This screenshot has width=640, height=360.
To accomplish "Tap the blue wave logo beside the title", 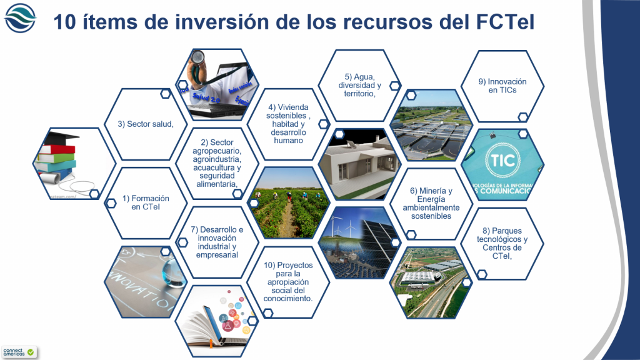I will tap(21, 18).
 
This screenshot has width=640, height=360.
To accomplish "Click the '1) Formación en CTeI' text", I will tap(146, 202).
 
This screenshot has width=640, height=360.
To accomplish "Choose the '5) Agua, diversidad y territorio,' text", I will tap(359, 86).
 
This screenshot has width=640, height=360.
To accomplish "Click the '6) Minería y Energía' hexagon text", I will tap(431, 203).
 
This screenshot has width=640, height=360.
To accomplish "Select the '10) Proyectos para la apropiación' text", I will tap(288, 281).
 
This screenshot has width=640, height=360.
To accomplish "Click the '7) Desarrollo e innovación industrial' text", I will tap(217, 242).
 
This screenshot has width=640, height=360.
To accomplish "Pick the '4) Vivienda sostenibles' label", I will tap(288, 124).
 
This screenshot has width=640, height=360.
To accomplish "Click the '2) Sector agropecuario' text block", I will tap(217, 163).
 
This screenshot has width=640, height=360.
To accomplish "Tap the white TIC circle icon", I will tap(502, 160).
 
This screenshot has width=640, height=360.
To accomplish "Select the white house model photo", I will tap(359, 164).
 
